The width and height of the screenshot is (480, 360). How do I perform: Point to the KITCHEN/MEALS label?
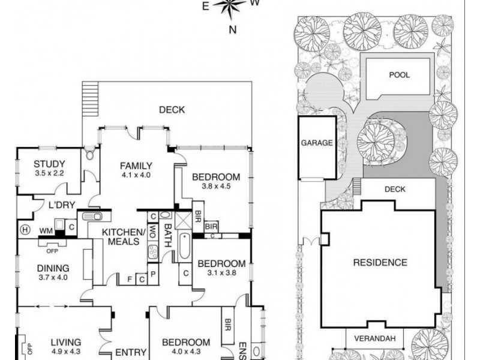click(x=124, y=236)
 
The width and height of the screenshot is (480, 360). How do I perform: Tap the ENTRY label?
click(x=127, y=352)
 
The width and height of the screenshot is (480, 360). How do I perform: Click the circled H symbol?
click(x=25, y=229)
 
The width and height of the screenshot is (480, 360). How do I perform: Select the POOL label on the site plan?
click(x=398, y=76)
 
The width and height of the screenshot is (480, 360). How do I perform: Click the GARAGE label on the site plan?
click(x=317, y=143)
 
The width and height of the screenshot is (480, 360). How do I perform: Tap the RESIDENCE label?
click(x=379, y=262)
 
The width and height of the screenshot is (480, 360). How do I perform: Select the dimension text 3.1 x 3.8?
click(x=221, y=273)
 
